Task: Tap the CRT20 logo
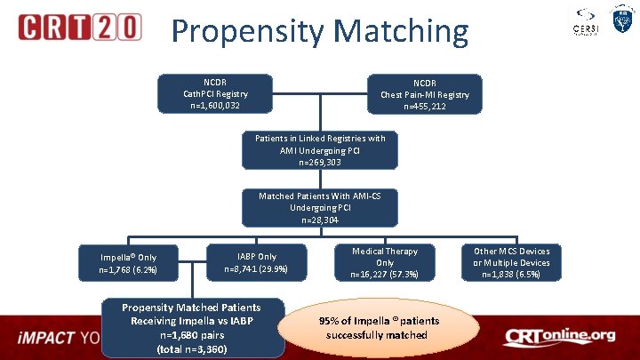pos(80,28)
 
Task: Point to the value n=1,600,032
pos(215,106)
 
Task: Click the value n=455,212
pos(426,107)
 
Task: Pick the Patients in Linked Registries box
pos(319,150)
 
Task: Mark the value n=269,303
pos(319,163)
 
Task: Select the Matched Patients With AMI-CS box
pos(319,207)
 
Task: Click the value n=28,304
pos(319,220)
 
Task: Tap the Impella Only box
pos(128,263)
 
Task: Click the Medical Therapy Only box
pos(385,263)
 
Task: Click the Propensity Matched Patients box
pos(192,326)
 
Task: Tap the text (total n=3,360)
pos(193,349)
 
